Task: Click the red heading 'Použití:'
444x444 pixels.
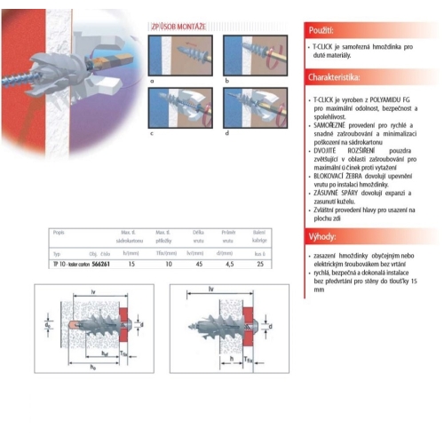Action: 322,29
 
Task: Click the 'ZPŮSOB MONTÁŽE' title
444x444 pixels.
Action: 181,28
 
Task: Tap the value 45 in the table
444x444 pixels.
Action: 200,264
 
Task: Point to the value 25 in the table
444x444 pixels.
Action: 259,264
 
